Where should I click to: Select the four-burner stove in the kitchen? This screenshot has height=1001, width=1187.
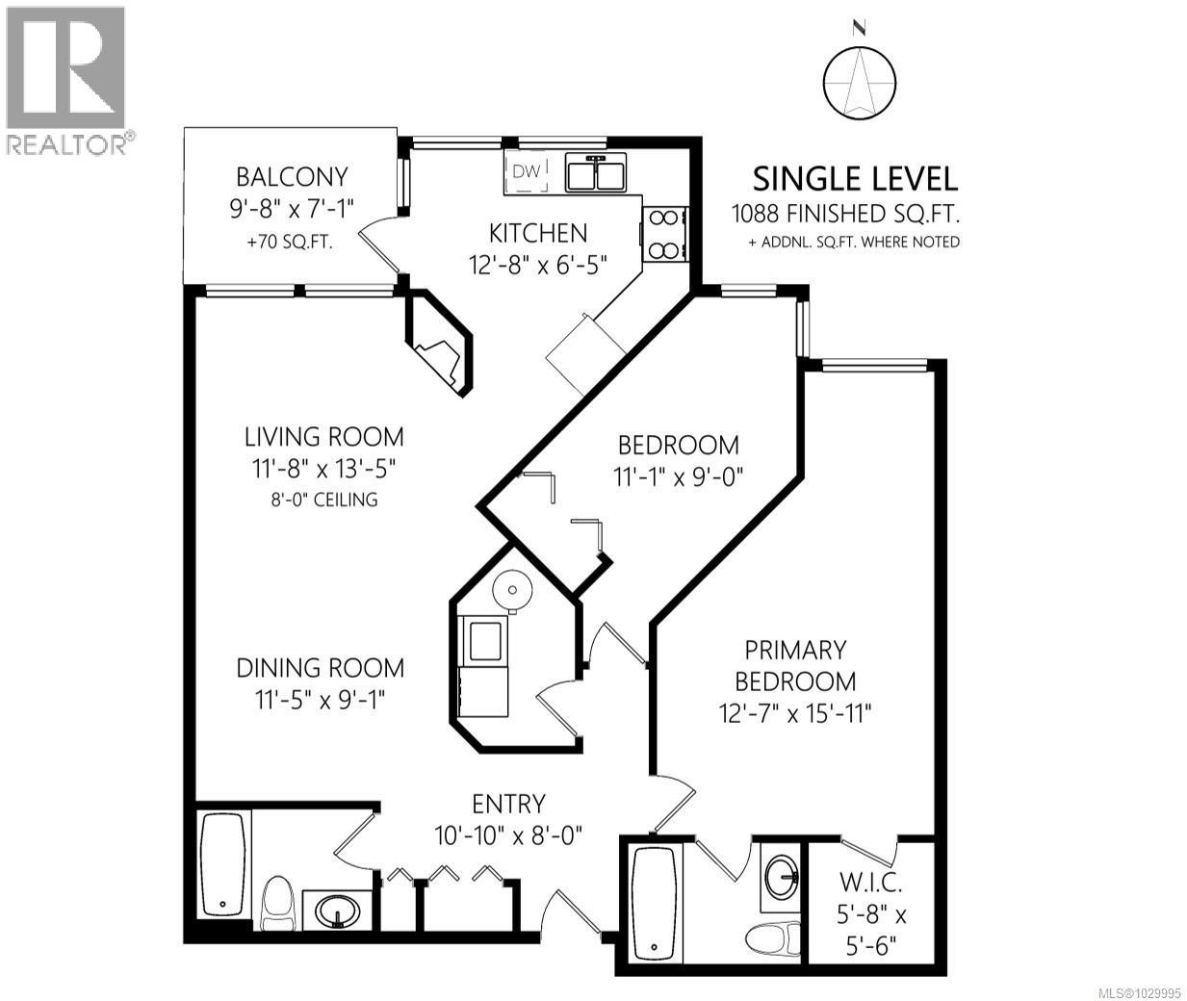(x=663, y=233)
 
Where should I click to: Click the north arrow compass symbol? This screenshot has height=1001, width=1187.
(x=860, y=82)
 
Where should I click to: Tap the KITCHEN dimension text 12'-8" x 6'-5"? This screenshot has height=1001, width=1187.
(x=538, y=263)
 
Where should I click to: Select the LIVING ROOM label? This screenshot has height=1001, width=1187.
(x=323, y=436)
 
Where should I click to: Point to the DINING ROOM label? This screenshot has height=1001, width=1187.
(x=322, y=667)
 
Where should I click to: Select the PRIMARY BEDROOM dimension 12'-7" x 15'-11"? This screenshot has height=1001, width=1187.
(x=795, y=712)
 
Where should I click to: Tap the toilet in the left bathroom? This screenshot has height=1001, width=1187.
(x=277, y=901)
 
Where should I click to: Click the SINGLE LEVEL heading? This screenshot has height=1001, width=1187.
(x=855, y=179)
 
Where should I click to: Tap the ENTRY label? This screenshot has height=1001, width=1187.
(x=508, y=804)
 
